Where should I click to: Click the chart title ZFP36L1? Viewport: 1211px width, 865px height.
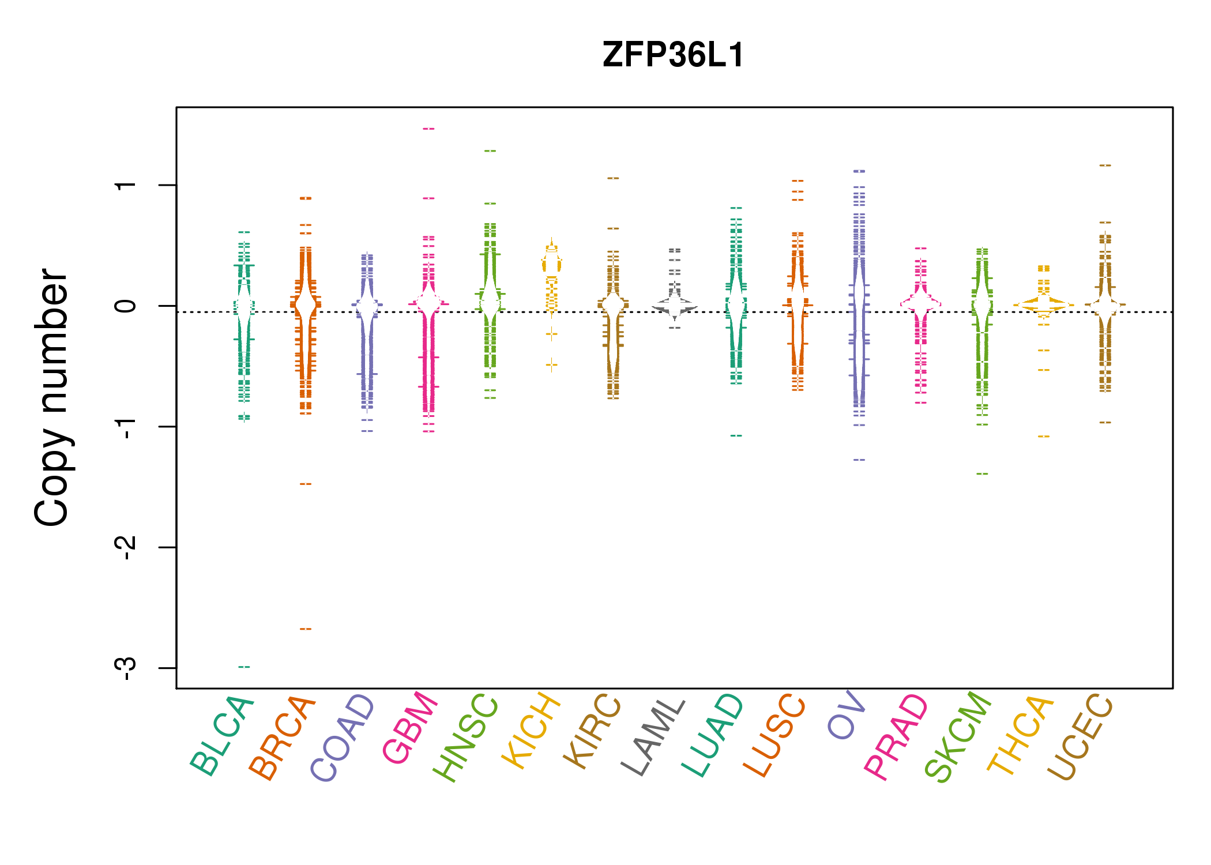coord(673,55)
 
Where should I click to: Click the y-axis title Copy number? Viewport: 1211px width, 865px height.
coord(52,398)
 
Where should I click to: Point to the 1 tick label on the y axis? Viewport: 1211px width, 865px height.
coord(126,185)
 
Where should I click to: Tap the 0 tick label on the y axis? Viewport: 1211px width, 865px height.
coord(126,306)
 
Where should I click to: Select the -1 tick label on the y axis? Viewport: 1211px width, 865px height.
coord(126,427)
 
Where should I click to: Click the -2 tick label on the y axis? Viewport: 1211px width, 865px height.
coord(126,547)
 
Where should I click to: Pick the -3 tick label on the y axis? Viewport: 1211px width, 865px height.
coord(126,668)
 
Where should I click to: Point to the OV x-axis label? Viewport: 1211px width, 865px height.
coord(847,715)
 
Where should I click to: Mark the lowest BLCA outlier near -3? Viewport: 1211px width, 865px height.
coord(245,667)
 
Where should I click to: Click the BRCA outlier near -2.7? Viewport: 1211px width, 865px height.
coord(306,629)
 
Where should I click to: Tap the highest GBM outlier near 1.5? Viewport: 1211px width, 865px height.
coord(428,129)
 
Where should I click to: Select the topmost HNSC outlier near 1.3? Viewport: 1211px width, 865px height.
coord(490,151)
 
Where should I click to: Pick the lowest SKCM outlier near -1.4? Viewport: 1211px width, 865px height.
coord(982,473)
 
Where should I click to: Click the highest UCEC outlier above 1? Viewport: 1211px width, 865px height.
coord(1105,166)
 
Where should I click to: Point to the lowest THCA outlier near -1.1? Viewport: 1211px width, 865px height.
coord(1044,436)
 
